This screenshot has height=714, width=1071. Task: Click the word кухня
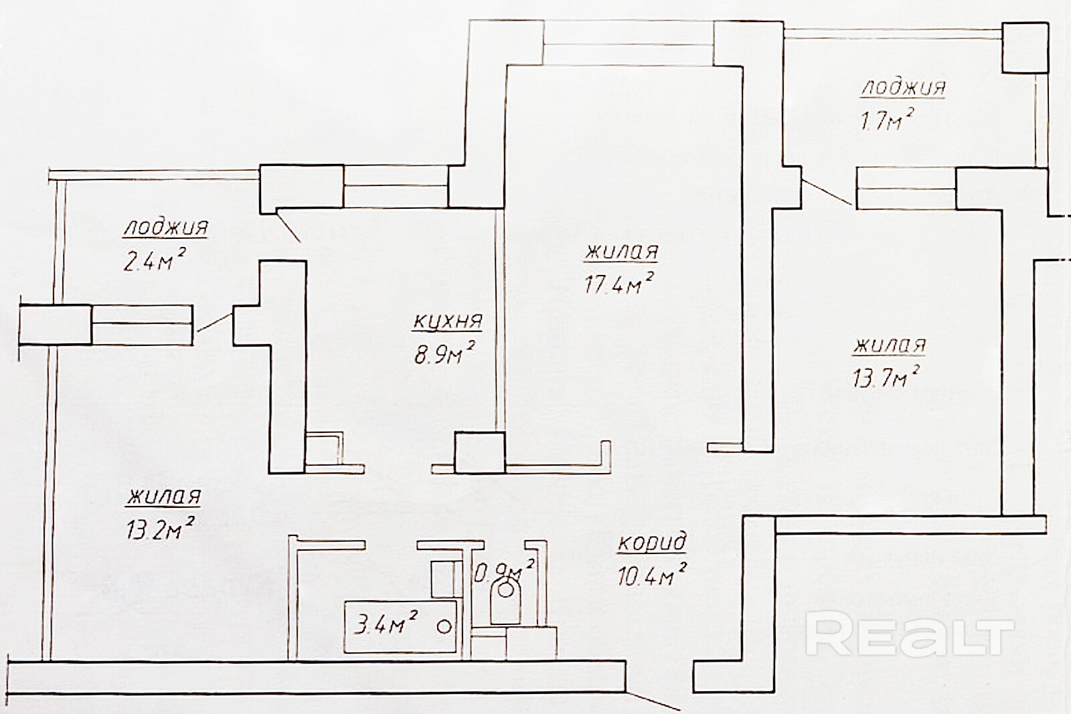click(x=447, y=322)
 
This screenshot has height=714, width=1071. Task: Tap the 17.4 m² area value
click(x=619, y=285)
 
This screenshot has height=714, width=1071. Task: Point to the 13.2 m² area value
click(x=159, y=530)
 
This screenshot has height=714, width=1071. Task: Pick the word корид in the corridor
click(x=651, y=543)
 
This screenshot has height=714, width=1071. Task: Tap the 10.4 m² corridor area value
click(x=653, y=574)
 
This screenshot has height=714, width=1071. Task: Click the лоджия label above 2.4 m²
click(x=165, y=228)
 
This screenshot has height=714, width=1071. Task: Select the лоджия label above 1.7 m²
click(x=903, y=88)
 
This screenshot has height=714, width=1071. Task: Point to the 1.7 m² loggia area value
click(x=887, y=120)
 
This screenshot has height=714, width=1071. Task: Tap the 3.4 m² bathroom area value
click(x=386, y=626)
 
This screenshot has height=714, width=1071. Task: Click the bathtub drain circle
click(x=443, y=627)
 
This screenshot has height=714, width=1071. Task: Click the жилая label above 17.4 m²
click(x=622, y=253)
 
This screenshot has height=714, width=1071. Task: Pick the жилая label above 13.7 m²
click(x=890, y=346)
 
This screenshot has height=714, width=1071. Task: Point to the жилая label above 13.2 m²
click(x=164, y=498)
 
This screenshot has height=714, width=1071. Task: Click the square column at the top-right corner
click(x=1024, y=48)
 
